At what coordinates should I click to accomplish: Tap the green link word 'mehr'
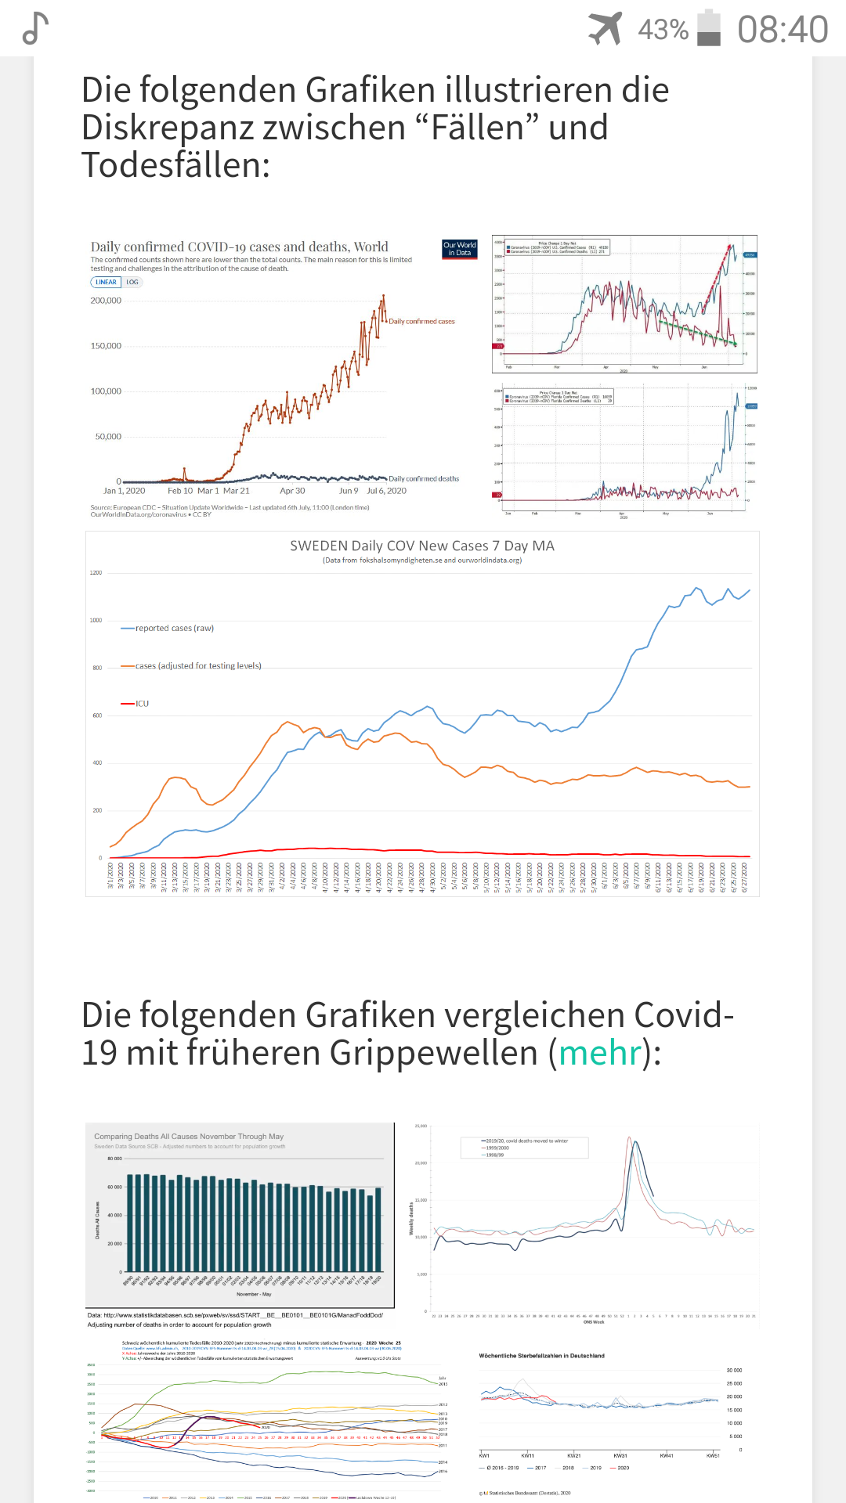[x=600, y=1053]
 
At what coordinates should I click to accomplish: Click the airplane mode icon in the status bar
[x=606, y=29]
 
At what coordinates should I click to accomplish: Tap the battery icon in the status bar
[x=709, y=28]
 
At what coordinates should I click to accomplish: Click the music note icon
[x=35, y=29]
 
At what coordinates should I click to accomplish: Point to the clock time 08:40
[x=782, y=30]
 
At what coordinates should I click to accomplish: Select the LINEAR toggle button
[x=106, y=283]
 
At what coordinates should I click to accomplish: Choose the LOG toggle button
[x=132, y=283]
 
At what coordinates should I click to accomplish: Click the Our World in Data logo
[x=460, y=249]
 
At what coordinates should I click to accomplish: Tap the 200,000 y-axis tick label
[x=107, y=301]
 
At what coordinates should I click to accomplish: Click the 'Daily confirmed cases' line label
[x=421, y=322]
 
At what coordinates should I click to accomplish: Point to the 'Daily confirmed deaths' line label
[x=424, y=479]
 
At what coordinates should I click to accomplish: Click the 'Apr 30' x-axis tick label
[x=292, y=491]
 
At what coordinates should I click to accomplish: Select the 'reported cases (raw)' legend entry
[x=174, y=629]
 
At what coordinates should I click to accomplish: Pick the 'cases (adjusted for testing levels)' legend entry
[x=198, y=666]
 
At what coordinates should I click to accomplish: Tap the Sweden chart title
[x=421, y=546]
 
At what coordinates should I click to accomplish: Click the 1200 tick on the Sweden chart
[x=96, y=573]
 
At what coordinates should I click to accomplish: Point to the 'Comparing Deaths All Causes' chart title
[x=189, y=1137]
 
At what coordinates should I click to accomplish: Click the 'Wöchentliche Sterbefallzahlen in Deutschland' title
[x=541, y=1356]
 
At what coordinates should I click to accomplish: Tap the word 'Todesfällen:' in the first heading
[x=175, y=165]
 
